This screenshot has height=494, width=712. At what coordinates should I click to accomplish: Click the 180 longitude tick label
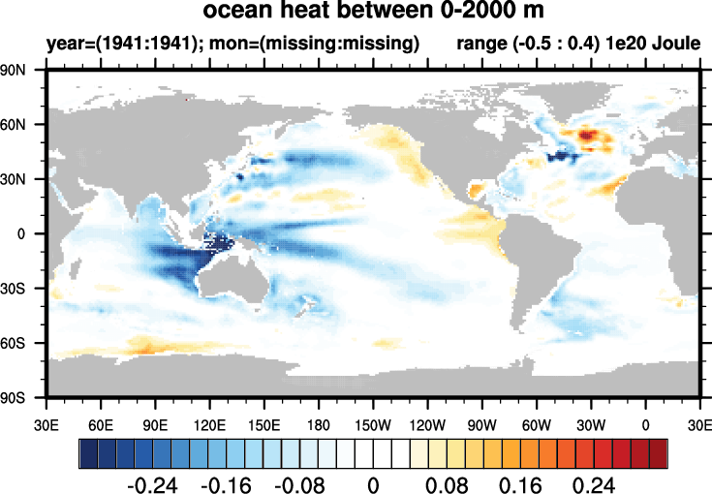pyautogui.click(x=319, y=423)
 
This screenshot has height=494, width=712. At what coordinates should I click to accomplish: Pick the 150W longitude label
pyautogui.click(x=373, y=423)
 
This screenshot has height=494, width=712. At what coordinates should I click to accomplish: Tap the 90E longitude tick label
pyautogui.click(x=155, y=423)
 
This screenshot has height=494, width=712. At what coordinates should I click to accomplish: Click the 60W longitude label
pyautogui.click(x=536, y=423)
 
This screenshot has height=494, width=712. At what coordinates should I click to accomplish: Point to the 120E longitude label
pyautogui.click(x=209, y=423)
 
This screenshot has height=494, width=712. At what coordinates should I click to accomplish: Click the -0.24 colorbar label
pyautogui.click(x=154, y=481)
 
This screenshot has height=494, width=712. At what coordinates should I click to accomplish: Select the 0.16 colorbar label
pyautogui.click(x=517, y=481)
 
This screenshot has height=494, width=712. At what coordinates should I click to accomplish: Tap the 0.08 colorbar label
pyautogui.click(x=445, y=481)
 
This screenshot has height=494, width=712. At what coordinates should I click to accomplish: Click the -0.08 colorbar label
pyautogui.click(x=299, y=481)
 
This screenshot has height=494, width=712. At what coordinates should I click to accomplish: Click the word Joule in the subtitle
pyautogui.click(x=675, y=45)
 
